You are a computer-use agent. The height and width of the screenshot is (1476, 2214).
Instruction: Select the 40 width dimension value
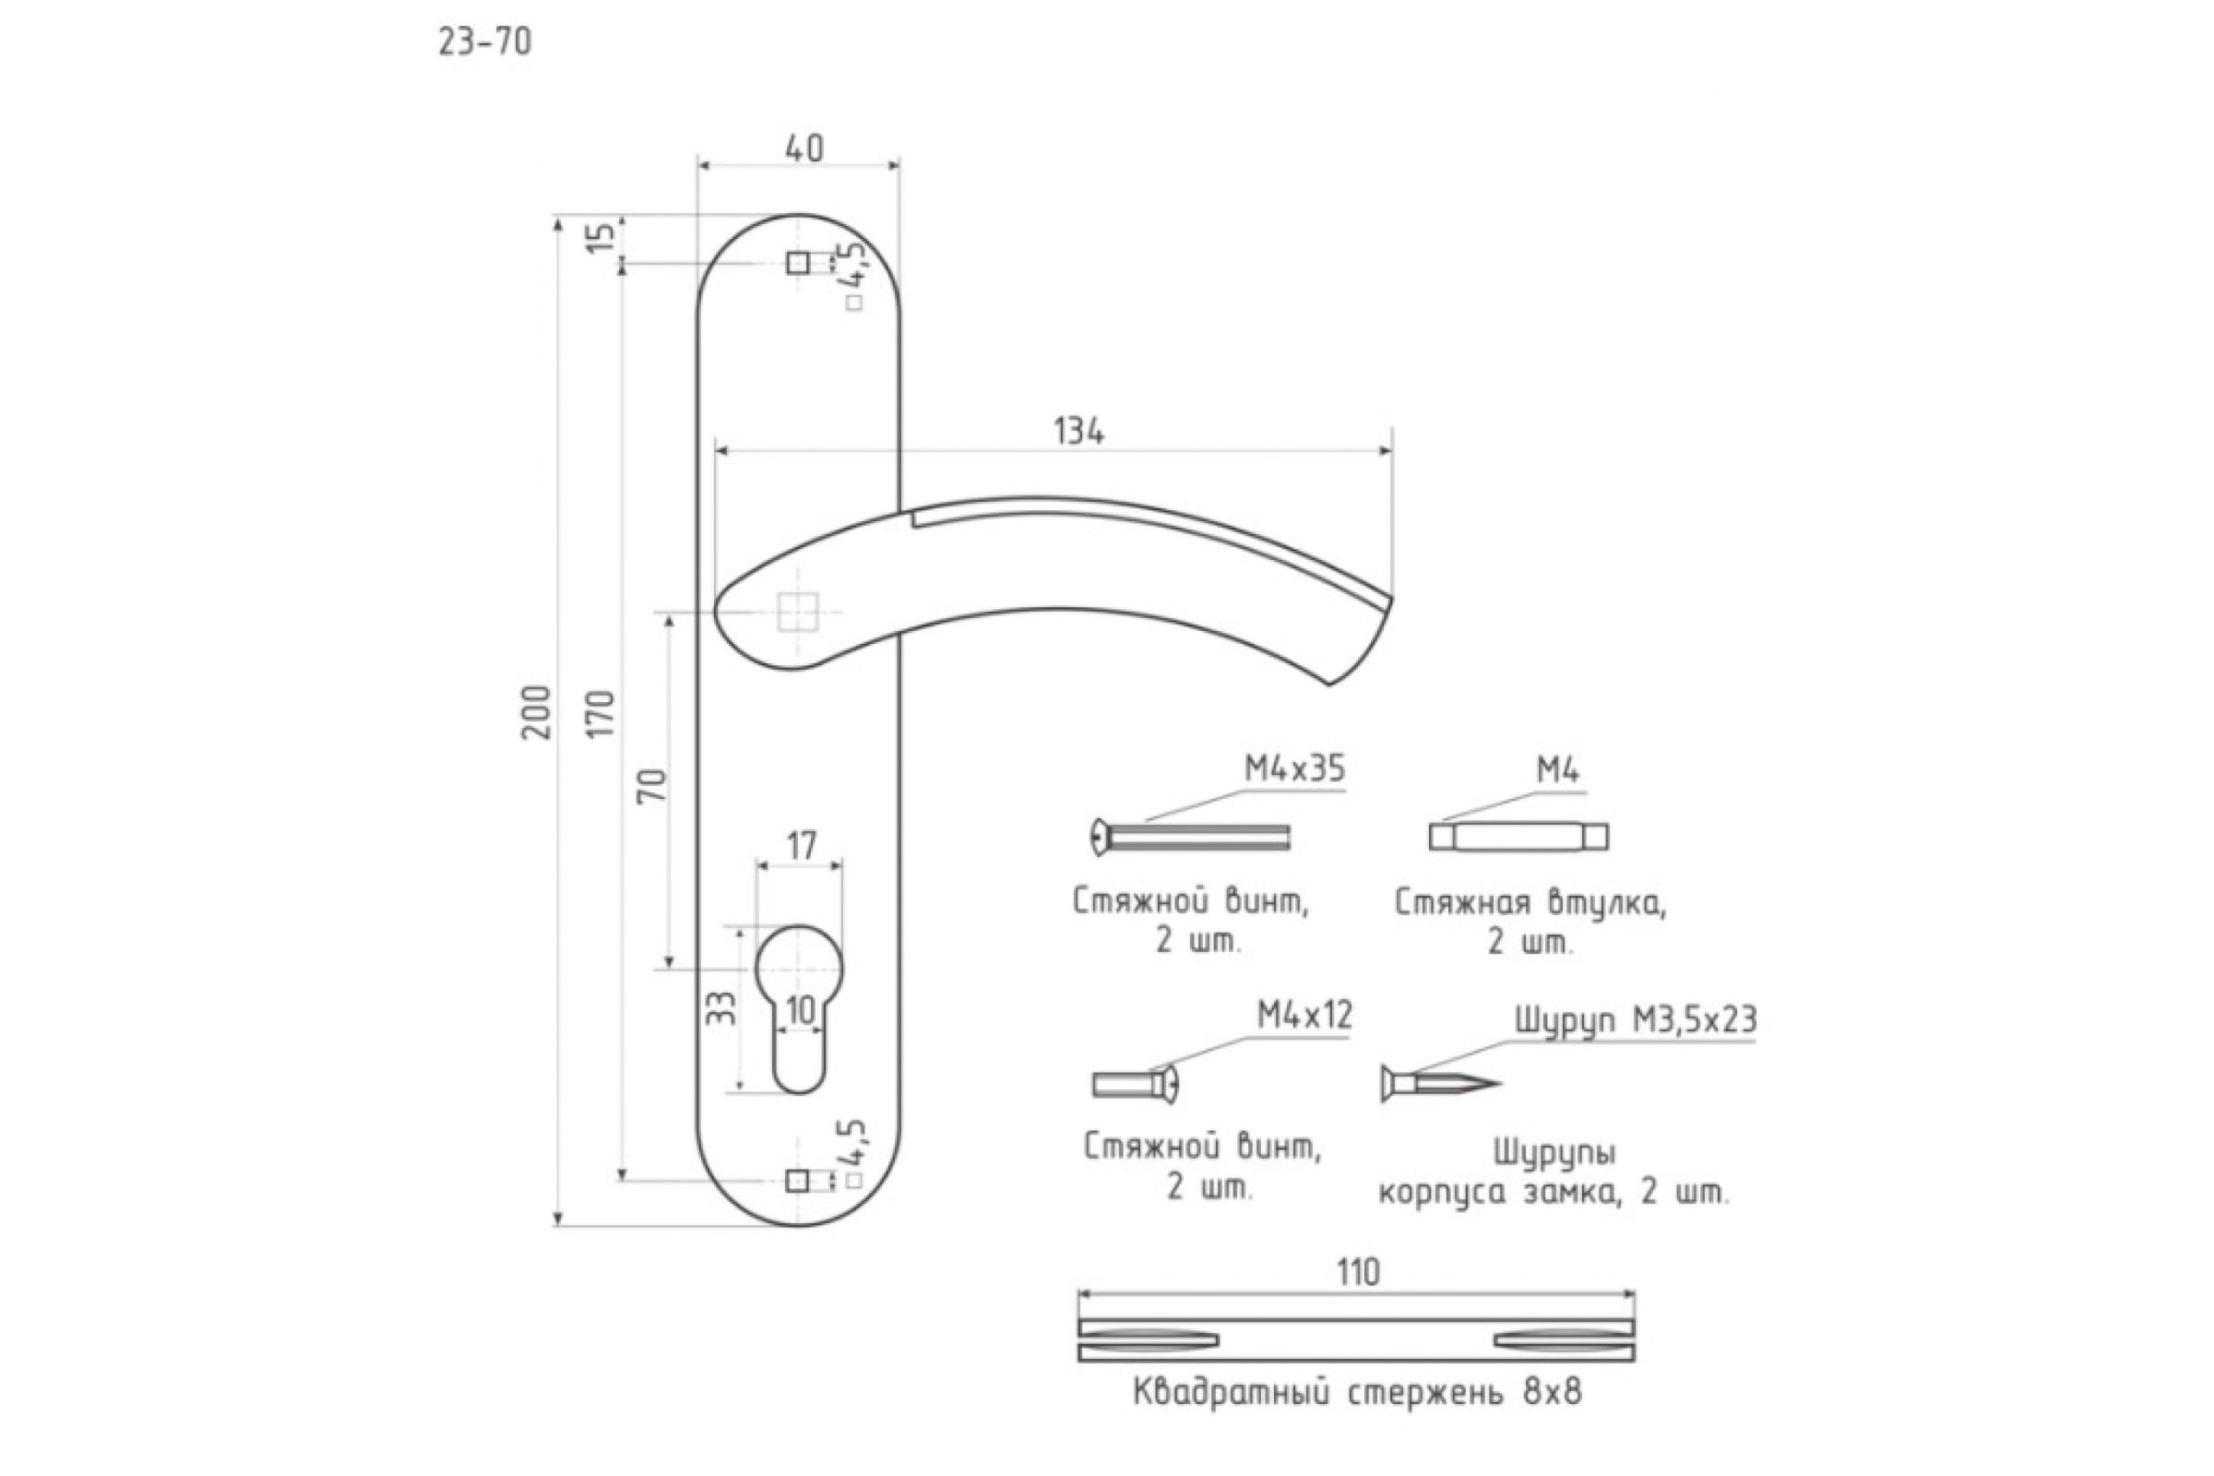tap(803, 149)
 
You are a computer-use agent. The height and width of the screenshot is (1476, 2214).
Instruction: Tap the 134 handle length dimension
tap(1078, 432)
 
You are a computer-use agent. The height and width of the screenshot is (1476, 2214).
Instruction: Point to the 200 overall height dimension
tap(538, 711)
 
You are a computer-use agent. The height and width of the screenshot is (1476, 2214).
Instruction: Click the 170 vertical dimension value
tap(601, 713)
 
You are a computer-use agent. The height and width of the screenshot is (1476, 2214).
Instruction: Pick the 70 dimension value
tap(652, 785)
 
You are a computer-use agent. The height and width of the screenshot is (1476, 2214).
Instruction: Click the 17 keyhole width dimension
tap(801, 846)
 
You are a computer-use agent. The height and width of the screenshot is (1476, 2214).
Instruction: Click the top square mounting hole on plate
tap(797, 263)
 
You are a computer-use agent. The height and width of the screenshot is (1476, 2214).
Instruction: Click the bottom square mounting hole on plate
tap(797, 1181)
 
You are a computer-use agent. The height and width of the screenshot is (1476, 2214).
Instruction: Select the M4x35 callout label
tap(1294, 769)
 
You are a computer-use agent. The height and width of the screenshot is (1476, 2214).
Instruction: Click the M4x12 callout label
tap(1304, 1015)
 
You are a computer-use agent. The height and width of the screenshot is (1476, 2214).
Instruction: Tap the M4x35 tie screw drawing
tap(1190, 837)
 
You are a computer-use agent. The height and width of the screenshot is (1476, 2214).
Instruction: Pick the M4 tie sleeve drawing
tap(1518, 836)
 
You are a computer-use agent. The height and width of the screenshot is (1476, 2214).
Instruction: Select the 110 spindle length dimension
tap(1357, 1273)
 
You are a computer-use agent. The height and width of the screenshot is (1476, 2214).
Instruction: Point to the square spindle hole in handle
tap(797, 613)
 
